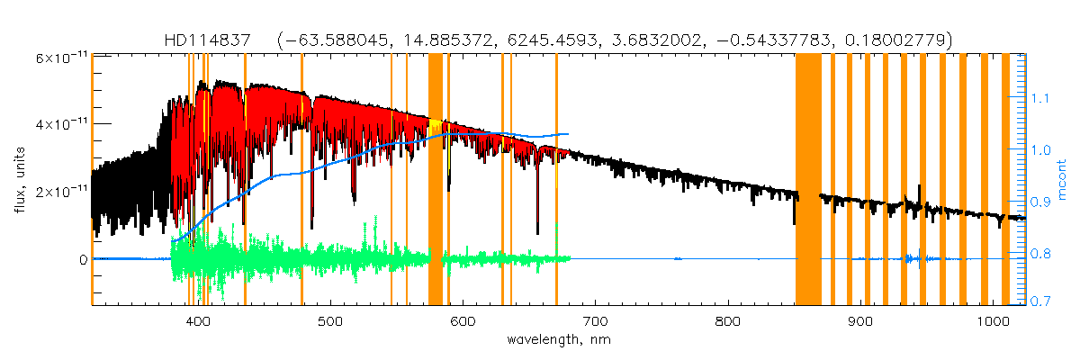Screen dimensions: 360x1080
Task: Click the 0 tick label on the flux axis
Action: [x=82, y=259]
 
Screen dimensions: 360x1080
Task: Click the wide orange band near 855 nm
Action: [x=808, y=180]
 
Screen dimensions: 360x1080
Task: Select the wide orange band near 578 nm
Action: [x=435, y=180]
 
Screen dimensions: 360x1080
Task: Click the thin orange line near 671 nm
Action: [x=556, y=180]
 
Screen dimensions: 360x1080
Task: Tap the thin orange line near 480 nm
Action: [x=301, y=180]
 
